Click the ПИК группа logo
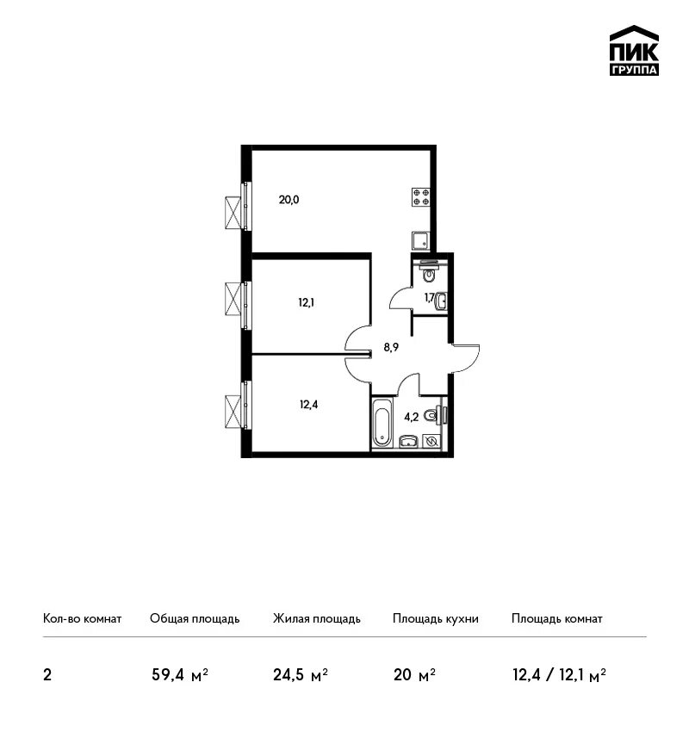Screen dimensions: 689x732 [x=634, y=51]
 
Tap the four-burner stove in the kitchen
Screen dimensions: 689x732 [x=421, y=197]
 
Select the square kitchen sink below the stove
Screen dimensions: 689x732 [x=421, y=241]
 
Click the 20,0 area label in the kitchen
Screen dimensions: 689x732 [x=289, y=200]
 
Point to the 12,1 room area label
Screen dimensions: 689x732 [x=307, y=302]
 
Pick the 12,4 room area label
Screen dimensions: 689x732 [x=308, y=404]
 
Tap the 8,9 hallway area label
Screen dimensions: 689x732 [x=391, y=347]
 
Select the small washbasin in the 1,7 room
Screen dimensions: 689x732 [x=441, y=301]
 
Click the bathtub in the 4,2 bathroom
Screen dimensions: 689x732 [x=382, y=426]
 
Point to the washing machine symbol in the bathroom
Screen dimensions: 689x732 [x=431, y=441]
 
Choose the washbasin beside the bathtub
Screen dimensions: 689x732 [x=408, y=441]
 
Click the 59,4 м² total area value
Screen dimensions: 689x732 [x=180, y=675]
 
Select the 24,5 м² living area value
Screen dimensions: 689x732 [x=301, y=675]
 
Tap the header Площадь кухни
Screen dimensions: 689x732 [x=436, y=618]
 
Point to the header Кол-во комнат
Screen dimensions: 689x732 [x=82, y=618]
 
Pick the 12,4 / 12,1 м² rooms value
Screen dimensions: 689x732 [x=559, y=675]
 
